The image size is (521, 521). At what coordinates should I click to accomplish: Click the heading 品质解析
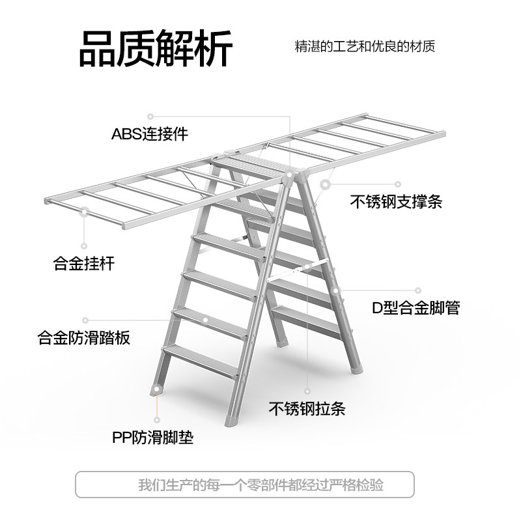156,48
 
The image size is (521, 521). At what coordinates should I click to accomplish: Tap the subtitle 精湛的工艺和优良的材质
365,46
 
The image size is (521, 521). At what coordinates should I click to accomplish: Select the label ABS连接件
150,134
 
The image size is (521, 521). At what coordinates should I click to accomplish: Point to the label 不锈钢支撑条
396,201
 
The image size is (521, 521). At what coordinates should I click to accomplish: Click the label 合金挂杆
84,263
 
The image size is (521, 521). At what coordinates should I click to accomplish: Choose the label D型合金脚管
415,307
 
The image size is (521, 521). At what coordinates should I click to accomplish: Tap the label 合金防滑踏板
84,337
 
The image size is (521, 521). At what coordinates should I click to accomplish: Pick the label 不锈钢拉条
307,408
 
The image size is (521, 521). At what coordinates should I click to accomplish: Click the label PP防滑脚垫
152,437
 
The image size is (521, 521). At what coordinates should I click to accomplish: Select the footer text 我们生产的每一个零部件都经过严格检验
261,485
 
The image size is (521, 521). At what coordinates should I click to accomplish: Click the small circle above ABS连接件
150,117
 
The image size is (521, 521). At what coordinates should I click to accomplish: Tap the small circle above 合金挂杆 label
84,246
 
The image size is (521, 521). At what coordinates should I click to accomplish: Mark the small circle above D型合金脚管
418,290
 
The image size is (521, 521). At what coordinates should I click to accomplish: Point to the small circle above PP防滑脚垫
157,419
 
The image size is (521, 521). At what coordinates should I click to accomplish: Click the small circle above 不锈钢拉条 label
307,391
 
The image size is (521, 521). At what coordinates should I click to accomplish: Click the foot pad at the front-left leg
157,390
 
